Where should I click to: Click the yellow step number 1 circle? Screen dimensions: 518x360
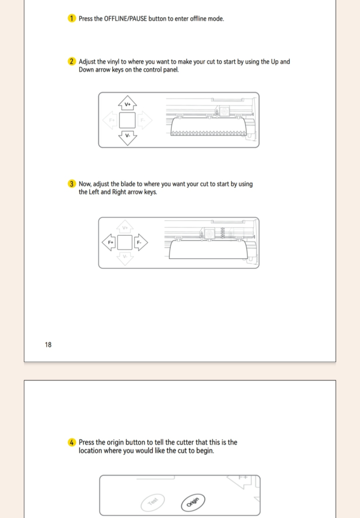click(x=72, y=19)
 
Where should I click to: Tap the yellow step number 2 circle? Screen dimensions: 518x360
click(x=72, y=62)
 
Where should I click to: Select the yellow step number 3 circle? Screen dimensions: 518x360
click(x=72, y=184)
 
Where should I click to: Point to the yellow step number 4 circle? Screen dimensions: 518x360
click(x=72, y=442)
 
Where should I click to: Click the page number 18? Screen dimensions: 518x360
click(x=48, y=345)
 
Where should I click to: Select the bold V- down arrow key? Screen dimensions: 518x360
click(x=128, y=136)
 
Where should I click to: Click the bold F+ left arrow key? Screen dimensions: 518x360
click(x=110, y=243)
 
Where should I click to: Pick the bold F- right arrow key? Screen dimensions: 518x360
click(x=140, y=243)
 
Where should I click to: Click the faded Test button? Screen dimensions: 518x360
click(x=153, y=501)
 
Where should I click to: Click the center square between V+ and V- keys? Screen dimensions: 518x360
click(x=128, y=120)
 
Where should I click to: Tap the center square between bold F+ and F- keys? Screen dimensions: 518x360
click(x=125, y=243)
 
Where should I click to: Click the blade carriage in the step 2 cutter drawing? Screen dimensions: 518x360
click(x=223, y=112)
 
